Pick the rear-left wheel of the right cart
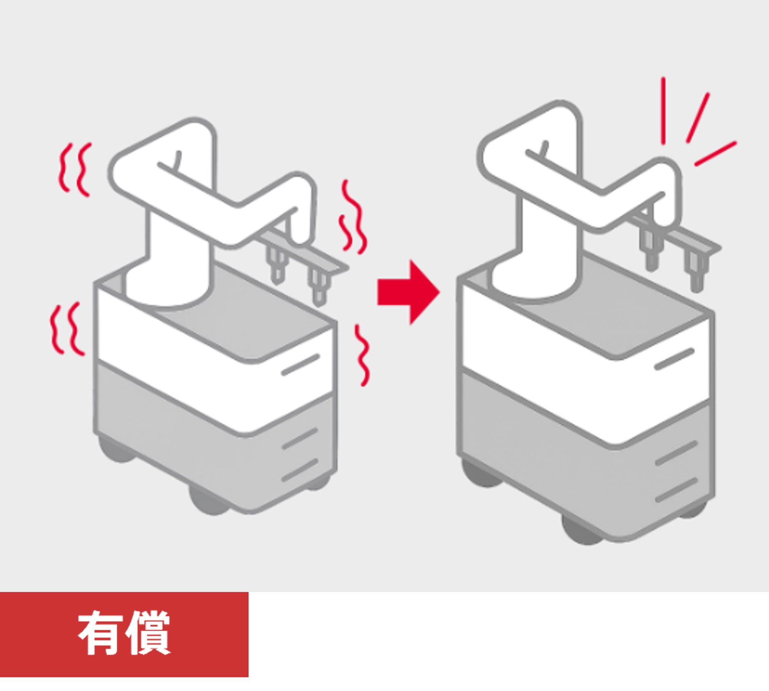click(481, 474)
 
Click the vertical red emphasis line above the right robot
click(663, 111)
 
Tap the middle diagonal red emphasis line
click(698, 118)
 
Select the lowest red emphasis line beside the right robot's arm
click(716, 154)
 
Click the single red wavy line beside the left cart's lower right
click(362, 355)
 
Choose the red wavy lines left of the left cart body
click(66, 329)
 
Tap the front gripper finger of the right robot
click(695, 271)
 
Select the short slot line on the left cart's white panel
click(301, 364)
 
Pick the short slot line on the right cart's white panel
click(674, 359)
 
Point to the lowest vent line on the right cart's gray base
click(676, 490)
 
